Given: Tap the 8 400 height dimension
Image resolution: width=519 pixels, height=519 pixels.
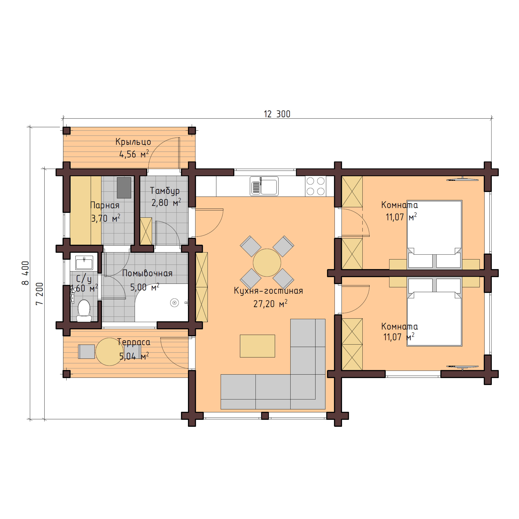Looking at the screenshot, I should point(25,273).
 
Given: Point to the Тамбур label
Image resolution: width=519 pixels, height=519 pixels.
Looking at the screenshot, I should point(165,191).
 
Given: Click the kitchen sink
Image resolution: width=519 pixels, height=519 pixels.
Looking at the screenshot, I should point(264,186).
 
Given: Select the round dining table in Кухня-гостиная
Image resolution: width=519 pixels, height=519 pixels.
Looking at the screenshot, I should point(267,262).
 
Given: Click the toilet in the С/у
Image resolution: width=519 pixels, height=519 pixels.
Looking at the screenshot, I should point(84,310).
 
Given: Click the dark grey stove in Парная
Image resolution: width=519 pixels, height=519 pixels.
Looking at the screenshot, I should point(124,187).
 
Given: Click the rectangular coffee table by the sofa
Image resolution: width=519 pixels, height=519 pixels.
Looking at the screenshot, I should point(257,346).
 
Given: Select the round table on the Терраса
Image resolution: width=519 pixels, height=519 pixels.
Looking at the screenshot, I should point(109,352).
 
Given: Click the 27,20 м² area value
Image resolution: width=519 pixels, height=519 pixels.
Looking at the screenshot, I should point(270,304).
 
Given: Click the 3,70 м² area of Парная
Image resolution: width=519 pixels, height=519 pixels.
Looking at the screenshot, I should point(106,218).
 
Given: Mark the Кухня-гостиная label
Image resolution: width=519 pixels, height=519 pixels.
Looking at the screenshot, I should point(268,291).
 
